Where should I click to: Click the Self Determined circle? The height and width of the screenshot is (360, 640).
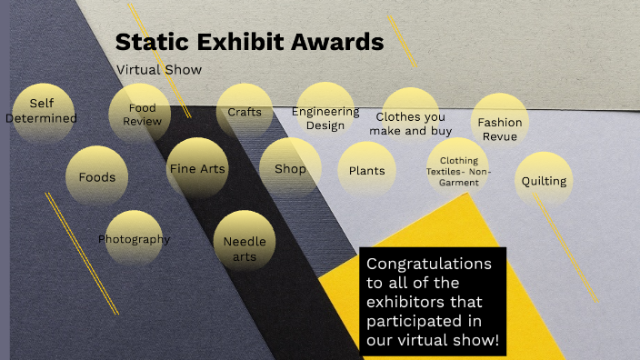click(41, 112)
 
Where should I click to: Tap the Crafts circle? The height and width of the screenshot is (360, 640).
click(245, 113)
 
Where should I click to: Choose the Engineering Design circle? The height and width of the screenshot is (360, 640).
click(325, 116)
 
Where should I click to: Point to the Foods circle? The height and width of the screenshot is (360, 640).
click(96, 175)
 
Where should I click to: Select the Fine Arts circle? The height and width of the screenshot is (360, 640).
click(196, 168)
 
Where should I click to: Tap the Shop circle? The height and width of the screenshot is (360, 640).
click(290, 169)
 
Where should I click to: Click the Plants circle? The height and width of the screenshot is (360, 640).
click(367, 171)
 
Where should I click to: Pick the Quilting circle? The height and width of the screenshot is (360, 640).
click(544, 180)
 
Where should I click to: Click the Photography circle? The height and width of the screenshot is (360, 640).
click(134, 239)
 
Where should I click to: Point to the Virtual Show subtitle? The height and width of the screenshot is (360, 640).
click(159, 69)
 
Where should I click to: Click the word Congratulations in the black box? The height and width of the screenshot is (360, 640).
click(427, 265)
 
